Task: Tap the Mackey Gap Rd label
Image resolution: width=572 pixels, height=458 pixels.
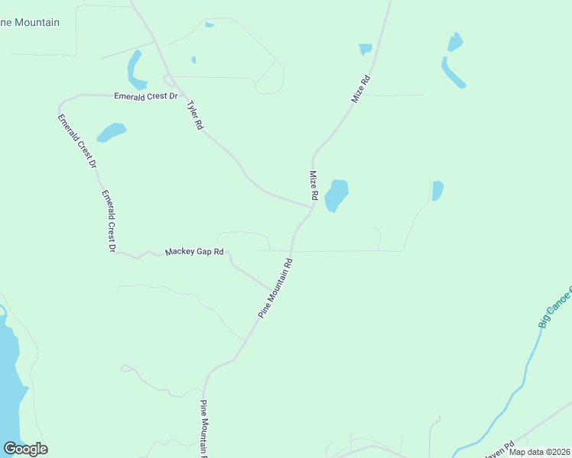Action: pyautogui.click(x=195, y=251)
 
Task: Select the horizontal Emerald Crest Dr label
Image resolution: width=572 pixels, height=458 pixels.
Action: pyautogui.click(x=145, y=96)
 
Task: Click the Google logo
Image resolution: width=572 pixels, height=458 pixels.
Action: pyautogui.click(x=25, y=449)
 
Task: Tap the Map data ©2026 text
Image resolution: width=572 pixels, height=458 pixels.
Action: pyautogui.click(x=538, y=452)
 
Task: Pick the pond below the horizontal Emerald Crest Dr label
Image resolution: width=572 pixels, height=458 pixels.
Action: pyautogui.click(x=111, y=132)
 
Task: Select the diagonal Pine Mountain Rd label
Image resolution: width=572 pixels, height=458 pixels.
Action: pyautogui.click(x=275, y=289)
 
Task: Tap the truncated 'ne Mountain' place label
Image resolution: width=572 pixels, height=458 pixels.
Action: pyautogui.click(x=30, y=22)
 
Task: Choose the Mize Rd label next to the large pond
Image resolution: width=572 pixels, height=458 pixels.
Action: pyautogui.click(x=313, y=185)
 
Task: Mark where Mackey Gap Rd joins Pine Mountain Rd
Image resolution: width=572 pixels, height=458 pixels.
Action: pyautogui.click(x=269, y=289)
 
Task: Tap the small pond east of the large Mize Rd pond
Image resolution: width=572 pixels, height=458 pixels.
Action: pyautogui.click(x=437, y=190)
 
